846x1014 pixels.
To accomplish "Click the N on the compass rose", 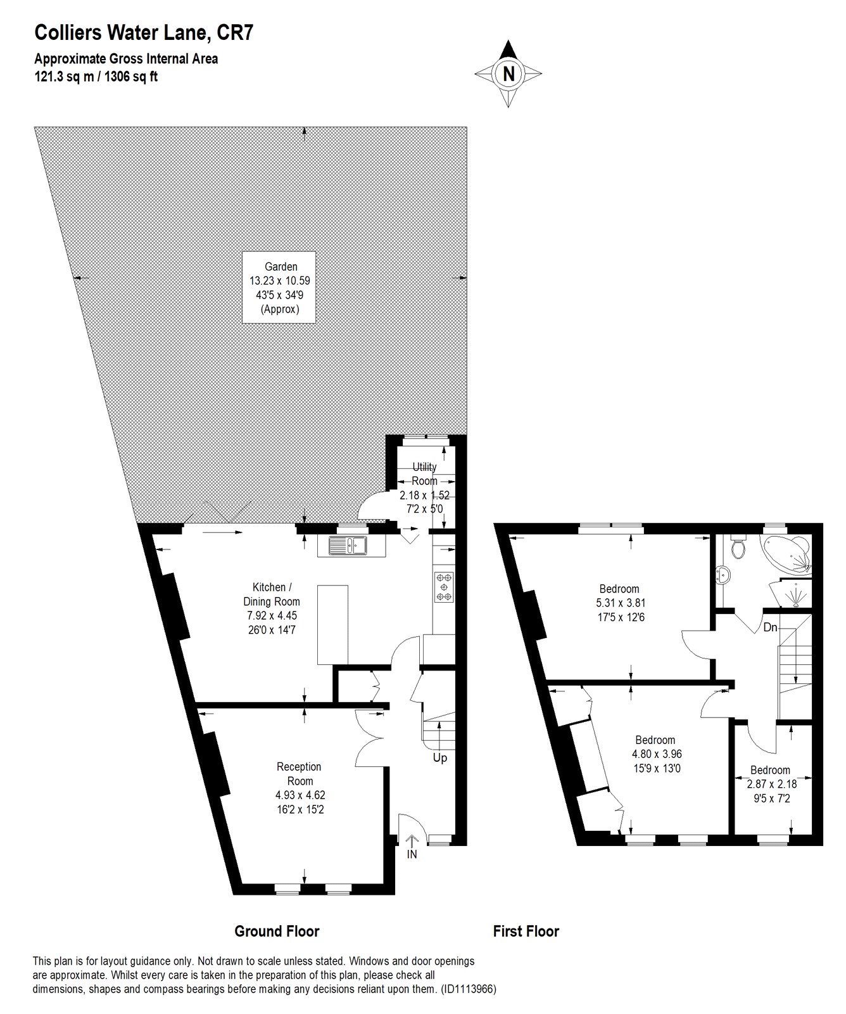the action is tap(508, 74).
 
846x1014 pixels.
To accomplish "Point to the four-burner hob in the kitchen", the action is tap(444, 587).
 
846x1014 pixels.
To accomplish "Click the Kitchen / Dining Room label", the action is tap(272, 608).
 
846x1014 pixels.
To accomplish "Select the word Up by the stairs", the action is tap(439, 758).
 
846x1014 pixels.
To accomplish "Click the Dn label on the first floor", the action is tap(770, 628).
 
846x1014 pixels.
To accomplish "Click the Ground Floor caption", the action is tap(277, 931).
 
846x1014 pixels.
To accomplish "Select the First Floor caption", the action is tap(526, 931).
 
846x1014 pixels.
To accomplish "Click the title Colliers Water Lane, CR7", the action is tap(144, 32).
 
